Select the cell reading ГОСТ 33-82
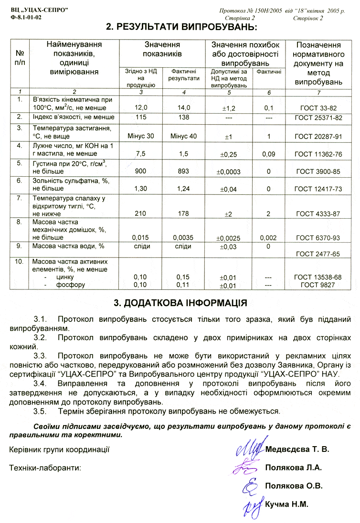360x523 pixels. [318, 107]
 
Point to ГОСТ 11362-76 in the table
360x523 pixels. [318, 154]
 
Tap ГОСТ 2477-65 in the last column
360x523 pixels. [318, 254]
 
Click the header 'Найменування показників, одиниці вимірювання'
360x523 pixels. [74, 58]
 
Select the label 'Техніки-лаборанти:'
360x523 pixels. [46, 468]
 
